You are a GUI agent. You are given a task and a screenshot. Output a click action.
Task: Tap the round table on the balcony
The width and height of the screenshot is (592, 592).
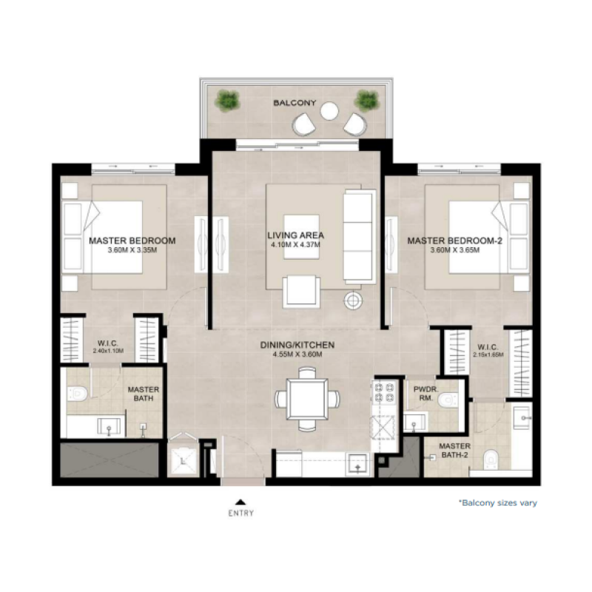(329, 112)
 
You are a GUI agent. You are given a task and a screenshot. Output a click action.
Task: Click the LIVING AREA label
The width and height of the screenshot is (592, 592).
(296, 236)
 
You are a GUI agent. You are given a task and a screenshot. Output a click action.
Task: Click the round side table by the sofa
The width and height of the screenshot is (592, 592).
(354, 300)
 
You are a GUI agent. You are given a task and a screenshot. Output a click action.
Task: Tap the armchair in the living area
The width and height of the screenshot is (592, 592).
(302, 290)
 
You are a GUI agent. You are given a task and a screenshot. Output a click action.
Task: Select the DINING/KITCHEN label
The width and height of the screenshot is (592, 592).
(297, 345)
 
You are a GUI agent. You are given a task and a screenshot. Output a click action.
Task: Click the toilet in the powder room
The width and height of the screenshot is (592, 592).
(447, 400)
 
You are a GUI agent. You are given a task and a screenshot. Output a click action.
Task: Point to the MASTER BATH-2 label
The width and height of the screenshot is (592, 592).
(454, 451)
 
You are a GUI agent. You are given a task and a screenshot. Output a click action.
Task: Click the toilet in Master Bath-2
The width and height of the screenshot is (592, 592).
(488, 460)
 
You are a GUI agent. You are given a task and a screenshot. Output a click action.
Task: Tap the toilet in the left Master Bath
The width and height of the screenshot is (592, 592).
(77, 392)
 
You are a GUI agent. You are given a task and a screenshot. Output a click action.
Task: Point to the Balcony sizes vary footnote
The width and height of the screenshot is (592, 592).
(497, 503)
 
